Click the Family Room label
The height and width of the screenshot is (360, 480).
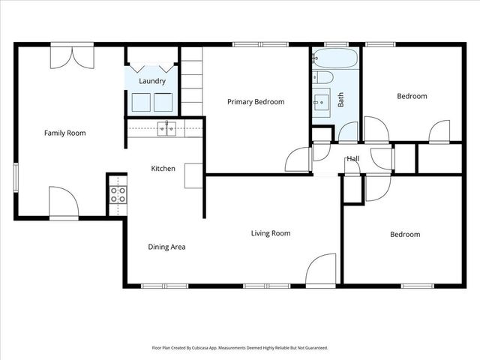pyautogui.click(x=64, y=133)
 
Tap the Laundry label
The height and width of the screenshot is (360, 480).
pyautogui.click(x=152, y=80)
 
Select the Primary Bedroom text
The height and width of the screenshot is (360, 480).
pyautogui.click(x=256, y=101)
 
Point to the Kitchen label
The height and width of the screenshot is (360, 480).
pyautogui.click(x=163, y=169)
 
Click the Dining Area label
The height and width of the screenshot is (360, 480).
pyautogui.click(x=166, y=247)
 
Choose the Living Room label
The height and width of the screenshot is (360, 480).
pyautogui.click(x=270, y=233)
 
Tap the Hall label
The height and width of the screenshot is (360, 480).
pyautogui.click(x=352, y=159)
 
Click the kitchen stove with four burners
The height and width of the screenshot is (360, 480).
pyautogui.click(x=118, y=195)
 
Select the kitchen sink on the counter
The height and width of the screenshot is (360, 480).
pyautogui.click(x=166, y=128)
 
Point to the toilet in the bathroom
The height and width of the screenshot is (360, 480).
pyautogui.click(x=324, y=76)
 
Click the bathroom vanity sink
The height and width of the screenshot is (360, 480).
pyautogui.click(x=323, y=100)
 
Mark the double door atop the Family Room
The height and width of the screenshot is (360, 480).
pyautogui.click(x=72, y=56)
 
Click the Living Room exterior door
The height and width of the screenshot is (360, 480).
pyautogui.click(x=322, y=270)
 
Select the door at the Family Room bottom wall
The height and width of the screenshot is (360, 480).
pyautogui.click(x=64, y=202)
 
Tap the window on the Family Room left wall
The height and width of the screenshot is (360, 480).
pyautogui.click(x=15, y=178)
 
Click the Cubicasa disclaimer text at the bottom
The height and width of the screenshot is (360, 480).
pyautogui.click(x=239, y=348)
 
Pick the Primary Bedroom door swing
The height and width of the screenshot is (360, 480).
pyautogui.click(x=298, y=160)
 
